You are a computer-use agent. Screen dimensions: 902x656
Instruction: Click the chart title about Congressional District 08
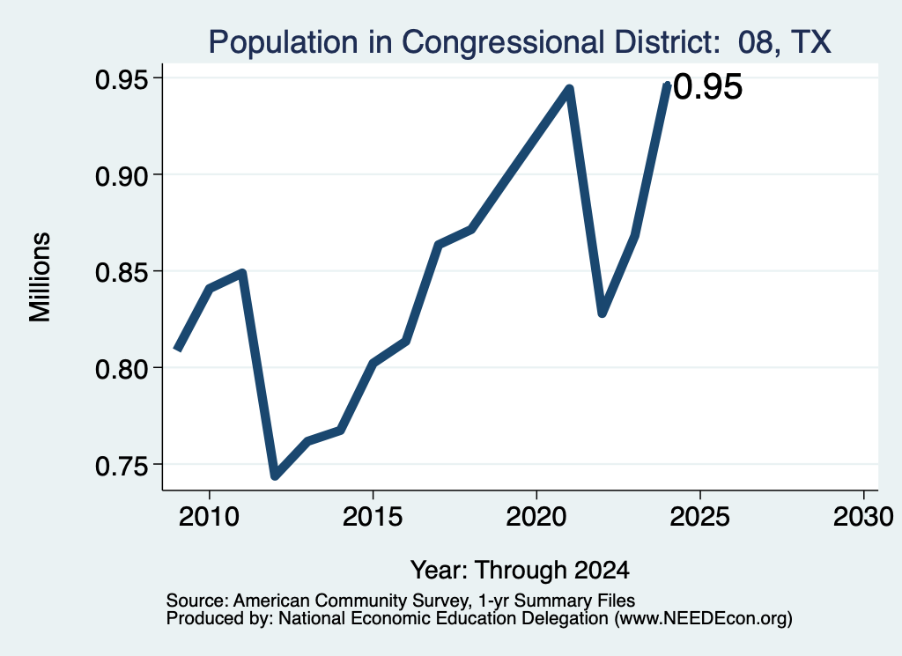[520, 42]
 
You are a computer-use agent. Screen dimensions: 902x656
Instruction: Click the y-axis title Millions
[40, 276]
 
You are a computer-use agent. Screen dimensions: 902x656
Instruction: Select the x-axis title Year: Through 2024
[520, 571]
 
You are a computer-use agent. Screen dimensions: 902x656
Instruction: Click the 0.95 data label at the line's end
[707, 87]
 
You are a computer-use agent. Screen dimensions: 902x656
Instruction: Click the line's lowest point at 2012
[276, 475]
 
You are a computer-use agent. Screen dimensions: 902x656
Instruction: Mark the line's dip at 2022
[602, 313]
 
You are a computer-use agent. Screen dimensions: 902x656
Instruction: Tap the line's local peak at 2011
[242, 273]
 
